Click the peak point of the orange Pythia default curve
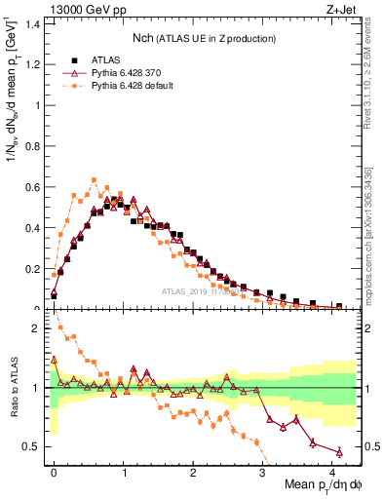[x=95, y=179]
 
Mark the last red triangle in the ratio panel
[x=339, y=451]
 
